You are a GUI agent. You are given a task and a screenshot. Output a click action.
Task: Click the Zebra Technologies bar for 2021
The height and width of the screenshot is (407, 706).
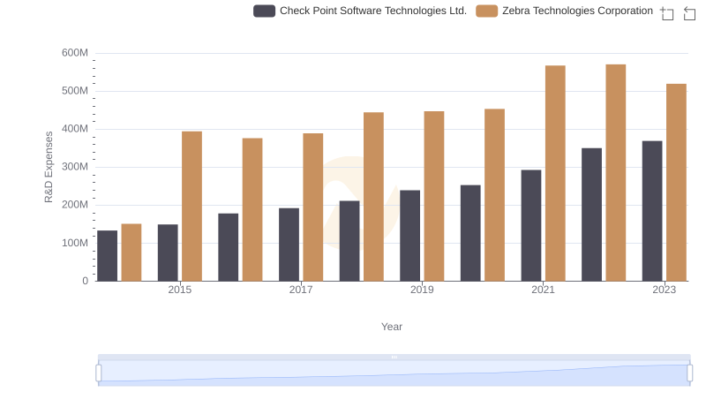point(555,173)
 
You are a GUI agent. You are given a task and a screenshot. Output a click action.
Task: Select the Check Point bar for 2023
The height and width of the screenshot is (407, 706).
point(652,211)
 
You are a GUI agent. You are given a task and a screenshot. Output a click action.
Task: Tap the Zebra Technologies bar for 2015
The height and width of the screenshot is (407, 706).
point(192,207)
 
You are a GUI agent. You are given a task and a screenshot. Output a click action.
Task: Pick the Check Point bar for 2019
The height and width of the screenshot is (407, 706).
point(409,236)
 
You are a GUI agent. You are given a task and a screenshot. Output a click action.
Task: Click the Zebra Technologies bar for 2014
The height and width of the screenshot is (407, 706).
point(131,252)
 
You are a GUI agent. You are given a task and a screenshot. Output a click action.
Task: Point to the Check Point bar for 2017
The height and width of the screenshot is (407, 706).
point(289,245)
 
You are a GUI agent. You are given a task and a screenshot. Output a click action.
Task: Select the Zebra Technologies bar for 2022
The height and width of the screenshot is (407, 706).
point(616,173)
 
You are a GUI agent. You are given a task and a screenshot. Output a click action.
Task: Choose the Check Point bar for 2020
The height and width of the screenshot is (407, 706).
point(470,233)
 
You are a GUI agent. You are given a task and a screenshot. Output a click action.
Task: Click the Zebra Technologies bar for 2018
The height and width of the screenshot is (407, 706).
point(373,197)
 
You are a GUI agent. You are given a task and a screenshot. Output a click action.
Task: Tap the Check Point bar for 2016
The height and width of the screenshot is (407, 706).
point(229,247)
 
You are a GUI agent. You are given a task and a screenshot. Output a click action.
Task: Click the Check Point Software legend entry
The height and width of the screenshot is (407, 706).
point(360,11)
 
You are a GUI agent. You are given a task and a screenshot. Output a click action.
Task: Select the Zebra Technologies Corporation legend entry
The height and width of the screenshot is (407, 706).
point(565,11)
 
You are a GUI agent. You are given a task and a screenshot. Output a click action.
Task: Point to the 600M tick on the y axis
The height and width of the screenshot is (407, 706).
point(74,53)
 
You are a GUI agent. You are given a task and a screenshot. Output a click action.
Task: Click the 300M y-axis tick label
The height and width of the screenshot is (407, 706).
point(74,167)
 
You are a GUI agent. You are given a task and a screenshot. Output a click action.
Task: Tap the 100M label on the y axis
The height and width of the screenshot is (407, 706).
point(74,243)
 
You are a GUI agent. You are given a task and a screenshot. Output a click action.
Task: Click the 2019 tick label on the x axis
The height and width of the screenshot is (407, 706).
point(422,290)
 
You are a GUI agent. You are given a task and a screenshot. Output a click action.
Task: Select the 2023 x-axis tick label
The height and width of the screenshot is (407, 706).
point(664,290)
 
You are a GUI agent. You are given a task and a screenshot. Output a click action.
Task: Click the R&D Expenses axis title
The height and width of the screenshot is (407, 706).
point(49,167)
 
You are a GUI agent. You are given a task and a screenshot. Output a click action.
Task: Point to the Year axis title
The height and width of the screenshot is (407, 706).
point(392,327)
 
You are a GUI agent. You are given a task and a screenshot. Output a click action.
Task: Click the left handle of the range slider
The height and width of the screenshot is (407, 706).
point(99,373)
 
